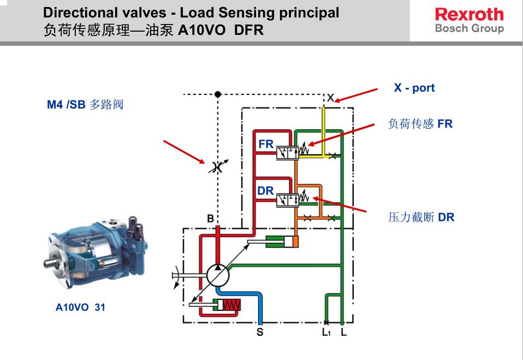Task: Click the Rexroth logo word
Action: [469, 14]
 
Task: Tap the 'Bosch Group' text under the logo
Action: [469, 28]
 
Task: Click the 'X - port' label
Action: [414, 88]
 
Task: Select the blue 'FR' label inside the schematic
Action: [266, 145]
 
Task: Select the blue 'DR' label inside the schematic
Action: [265, 191]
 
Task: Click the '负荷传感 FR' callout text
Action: [420, 124]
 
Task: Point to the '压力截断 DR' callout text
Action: [421, 217]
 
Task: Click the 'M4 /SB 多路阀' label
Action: [85, 104]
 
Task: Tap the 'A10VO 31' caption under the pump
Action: [80, 307]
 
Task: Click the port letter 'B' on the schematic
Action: [210, 219]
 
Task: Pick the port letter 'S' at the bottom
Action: [260, 332]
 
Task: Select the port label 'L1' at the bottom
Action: [326, 332]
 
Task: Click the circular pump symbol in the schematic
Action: [217, 273]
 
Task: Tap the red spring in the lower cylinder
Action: [232, 305]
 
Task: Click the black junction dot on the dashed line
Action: [218, 94]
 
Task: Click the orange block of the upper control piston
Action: [296, 241]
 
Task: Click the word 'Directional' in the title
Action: [72, 13]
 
